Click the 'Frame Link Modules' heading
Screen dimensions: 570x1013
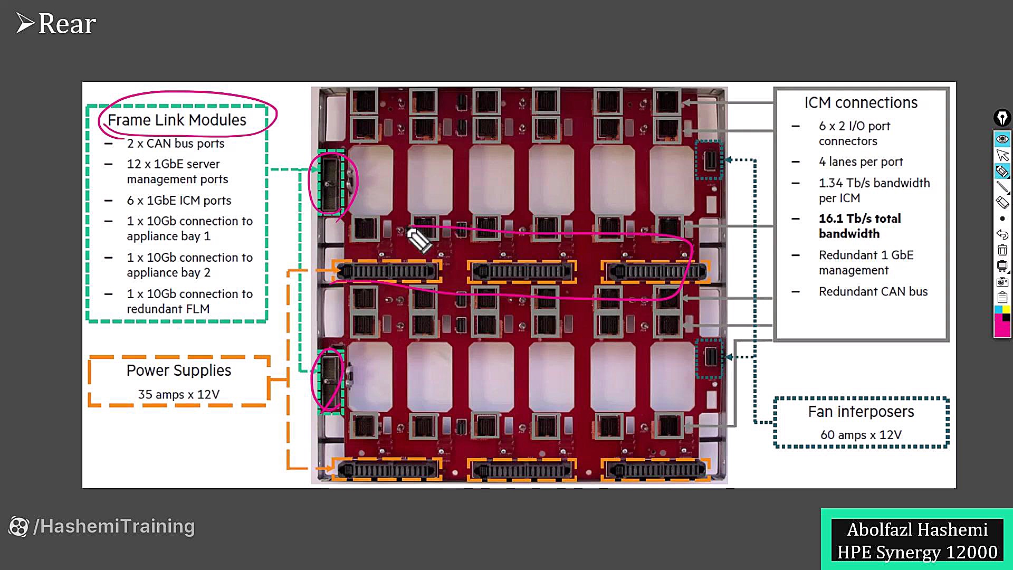tap(177, 120)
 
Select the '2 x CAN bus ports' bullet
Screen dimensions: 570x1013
tap(175, 144)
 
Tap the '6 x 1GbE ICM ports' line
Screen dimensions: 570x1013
tap(179, 201)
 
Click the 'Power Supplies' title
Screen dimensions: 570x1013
tap(179, 370)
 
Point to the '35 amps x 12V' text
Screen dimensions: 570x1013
tap(179, 395)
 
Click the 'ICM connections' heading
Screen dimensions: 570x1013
tap(861, 103)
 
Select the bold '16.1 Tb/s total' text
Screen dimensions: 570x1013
tap(859, 218)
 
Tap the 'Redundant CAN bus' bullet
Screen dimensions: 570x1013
tap(873, 292)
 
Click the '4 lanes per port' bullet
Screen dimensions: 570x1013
tap(861, 162)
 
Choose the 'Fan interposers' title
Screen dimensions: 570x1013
tap(861, 412)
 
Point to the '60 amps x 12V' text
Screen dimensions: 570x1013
tap(861, 435)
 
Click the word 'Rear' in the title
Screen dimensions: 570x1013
tap(67, 24)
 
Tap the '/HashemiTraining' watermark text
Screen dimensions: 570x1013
tap(114, 527)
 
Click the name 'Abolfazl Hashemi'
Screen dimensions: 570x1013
tap(917, 529)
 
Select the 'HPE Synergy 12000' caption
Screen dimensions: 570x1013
tap(917, 553)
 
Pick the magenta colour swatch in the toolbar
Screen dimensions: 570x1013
tap(1002, 326)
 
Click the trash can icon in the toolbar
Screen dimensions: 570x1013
tap(1002, 250)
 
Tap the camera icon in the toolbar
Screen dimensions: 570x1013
tap(1002, 282)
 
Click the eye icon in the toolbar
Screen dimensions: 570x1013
tap(1002, 139)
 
